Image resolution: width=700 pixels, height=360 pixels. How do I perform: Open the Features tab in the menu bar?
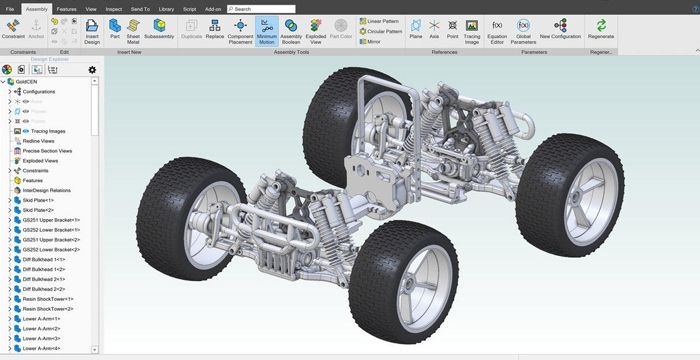click(66, 8)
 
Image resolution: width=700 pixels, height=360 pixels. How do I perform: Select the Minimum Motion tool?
click(266, 29)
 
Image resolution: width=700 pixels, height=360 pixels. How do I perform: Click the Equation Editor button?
click(497, 29)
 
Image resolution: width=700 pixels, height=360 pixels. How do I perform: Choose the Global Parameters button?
click(524, 29)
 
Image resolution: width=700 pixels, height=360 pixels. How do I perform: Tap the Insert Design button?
click(92, 29)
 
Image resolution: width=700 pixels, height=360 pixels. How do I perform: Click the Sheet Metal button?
click(132, 29)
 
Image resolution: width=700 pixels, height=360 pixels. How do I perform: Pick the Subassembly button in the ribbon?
click(159, 29)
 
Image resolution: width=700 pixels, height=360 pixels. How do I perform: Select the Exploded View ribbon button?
click(315, 29)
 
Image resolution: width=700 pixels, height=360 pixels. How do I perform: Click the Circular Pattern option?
click(383, 31)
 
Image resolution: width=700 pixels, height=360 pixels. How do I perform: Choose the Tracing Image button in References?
click(472, 29)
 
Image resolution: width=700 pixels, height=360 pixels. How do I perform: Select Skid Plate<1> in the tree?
click(37, 199)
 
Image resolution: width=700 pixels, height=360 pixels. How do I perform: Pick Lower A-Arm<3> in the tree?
click(42, 338)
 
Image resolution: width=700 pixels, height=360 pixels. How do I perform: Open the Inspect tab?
click(114, 8)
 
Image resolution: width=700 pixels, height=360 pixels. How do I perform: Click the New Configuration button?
click(559, 29)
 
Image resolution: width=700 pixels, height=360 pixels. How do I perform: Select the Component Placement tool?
click(240, 29)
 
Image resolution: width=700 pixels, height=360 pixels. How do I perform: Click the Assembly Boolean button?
click(291, 29)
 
